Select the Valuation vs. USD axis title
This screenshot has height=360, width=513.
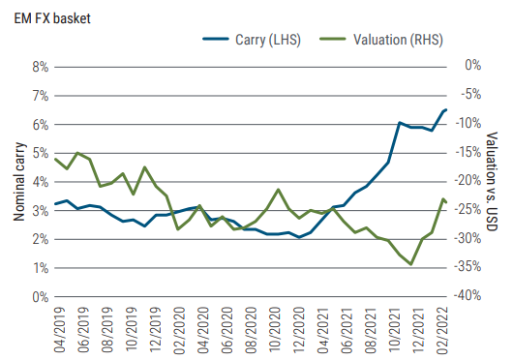[491, 181]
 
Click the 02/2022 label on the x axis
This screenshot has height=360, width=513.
[444, 329]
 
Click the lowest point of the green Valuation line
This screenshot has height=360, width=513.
[411, 264]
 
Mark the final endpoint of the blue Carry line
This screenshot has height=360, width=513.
[445, 109]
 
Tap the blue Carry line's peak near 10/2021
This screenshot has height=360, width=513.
[400, 123]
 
